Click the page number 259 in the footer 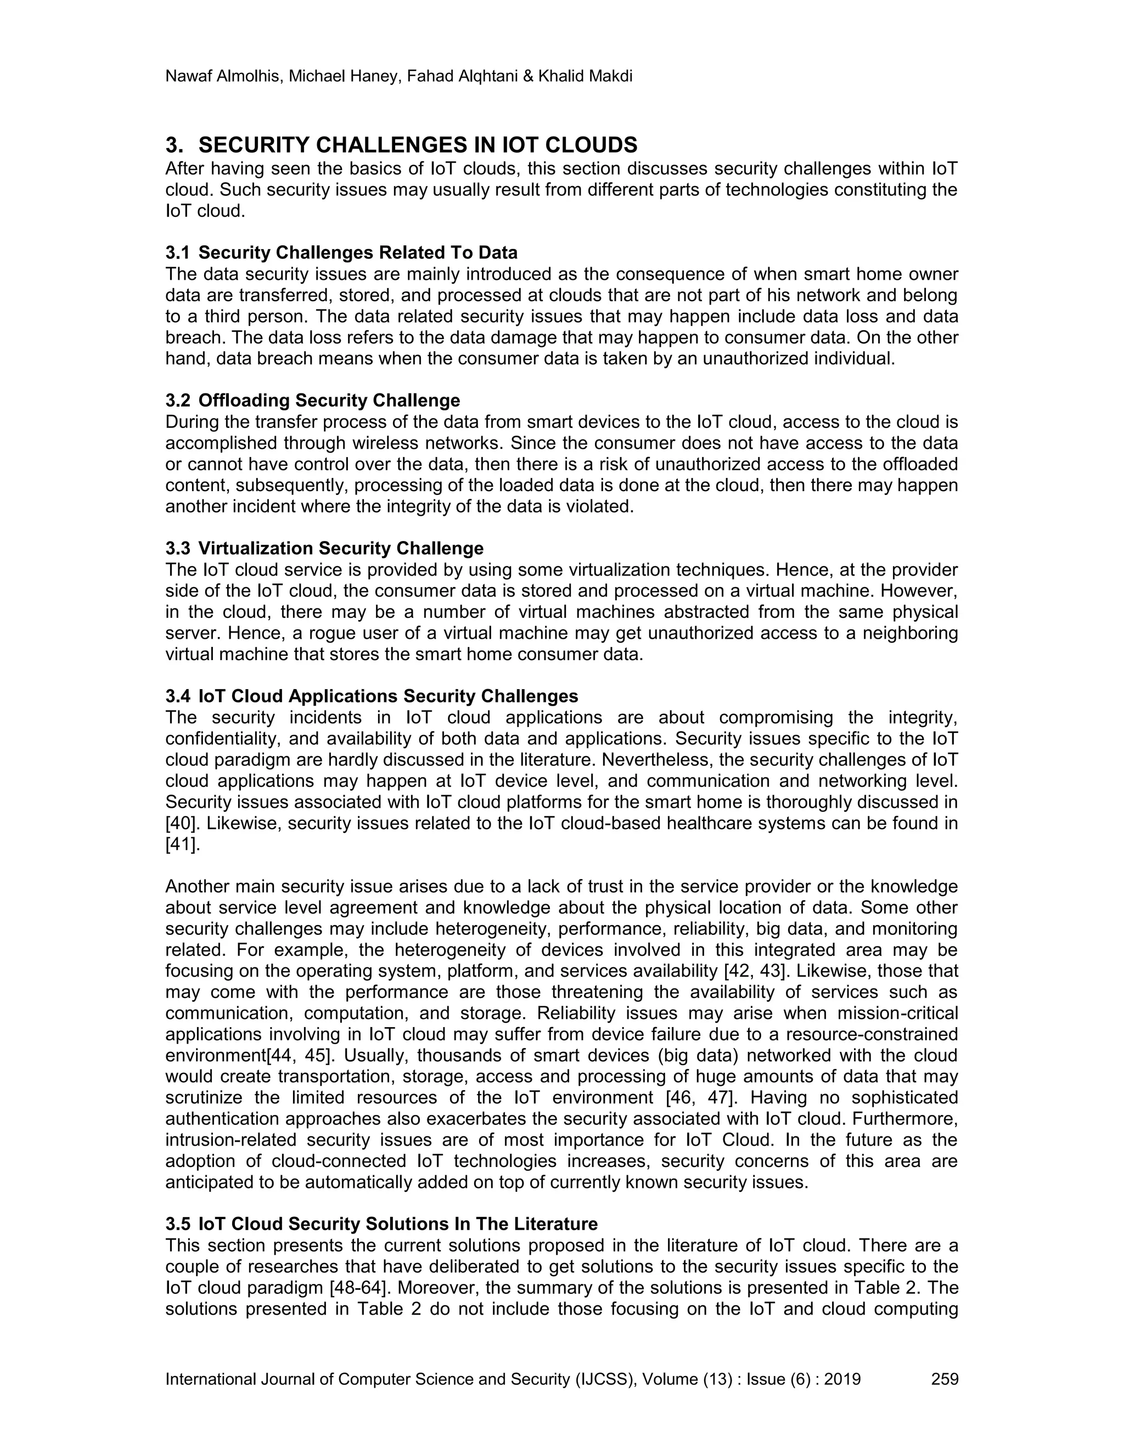pyautogui.click(x=944, y=1379)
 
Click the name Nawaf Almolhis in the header pyautogui.click(x=223, y=77)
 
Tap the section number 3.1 pyautogui.click(x=177, y=253)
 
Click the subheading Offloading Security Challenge pyautogui.click(x=329, y=401)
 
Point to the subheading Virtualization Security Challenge pyautogui.click(x=340, y=549)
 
